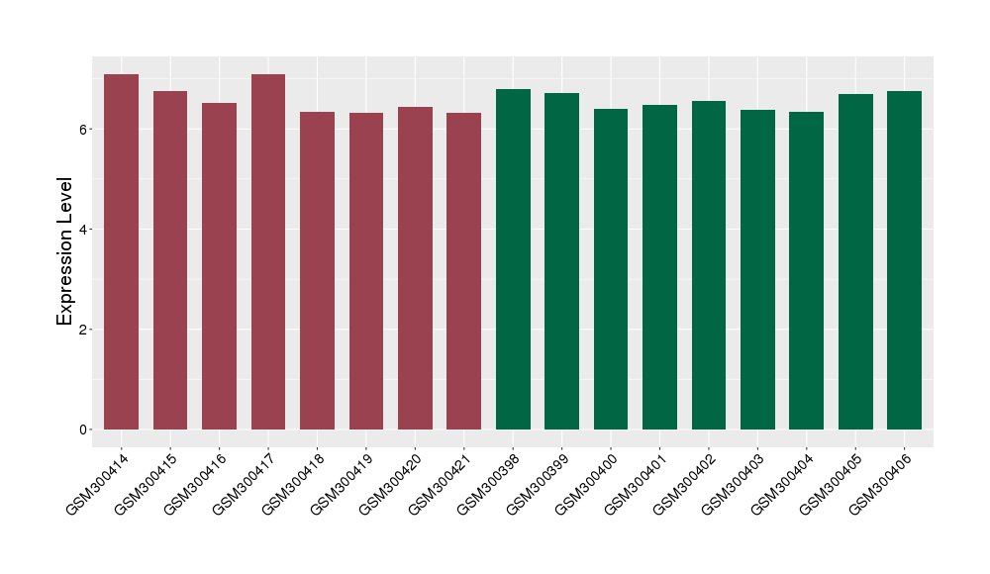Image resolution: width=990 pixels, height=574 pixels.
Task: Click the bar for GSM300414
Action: (121, 252)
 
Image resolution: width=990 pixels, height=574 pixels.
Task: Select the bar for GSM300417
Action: (268, 252)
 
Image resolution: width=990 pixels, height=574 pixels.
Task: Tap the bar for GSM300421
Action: (463, 271)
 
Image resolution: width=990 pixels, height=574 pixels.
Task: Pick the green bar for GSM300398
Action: (513, 259)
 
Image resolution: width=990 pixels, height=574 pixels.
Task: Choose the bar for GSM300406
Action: (904, 260)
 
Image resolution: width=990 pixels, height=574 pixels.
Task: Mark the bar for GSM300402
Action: (709, 265)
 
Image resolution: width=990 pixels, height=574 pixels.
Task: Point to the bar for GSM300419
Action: (366, 271)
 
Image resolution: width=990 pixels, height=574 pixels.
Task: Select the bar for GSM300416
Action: (219, 266)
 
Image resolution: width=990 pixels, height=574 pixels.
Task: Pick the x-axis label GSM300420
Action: (394, 483)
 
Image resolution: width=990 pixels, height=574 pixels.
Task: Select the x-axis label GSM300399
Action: (541, 483)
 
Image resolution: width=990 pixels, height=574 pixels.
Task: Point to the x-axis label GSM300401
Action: (639, 483)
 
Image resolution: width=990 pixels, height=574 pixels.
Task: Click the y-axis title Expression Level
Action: (65, 251)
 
